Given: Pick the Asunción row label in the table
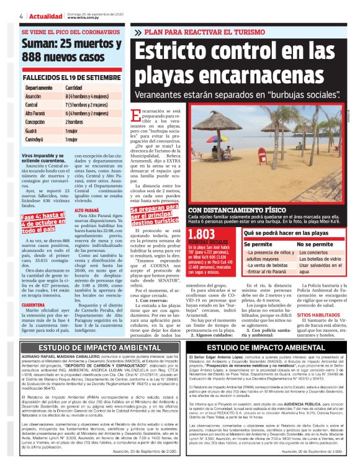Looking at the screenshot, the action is pyautogui.click(x=34, y=97).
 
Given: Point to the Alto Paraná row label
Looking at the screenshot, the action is pyautogui.click(x=37, y=114).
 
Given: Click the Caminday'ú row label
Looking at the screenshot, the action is pyautogui.click(x=37, y=141).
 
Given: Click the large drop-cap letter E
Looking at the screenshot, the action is pyautogui.click(x=142, y=118).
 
